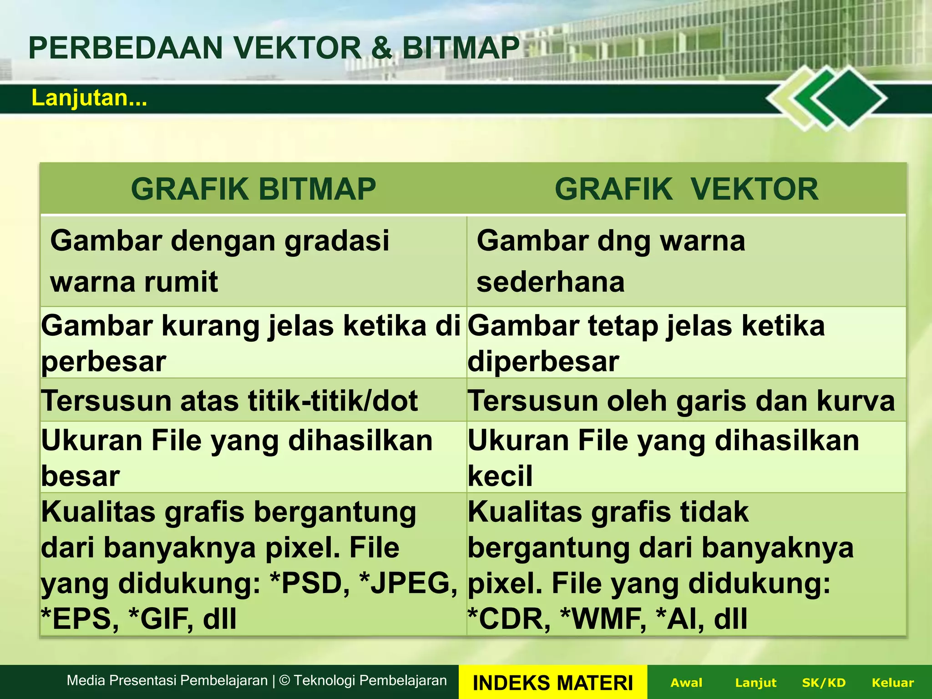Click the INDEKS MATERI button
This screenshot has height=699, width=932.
[x=552, y=683]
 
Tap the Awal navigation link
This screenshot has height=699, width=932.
[x=686, y=683]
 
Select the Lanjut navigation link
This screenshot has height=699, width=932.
[x=755, y=683]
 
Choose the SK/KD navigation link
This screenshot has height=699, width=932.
[x=824, y=683]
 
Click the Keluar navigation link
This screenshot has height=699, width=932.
[x=892, y=683]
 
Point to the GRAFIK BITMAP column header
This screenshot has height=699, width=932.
[x=253, y=189]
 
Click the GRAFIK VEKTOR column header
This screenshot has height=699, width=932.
[x=686, y=189]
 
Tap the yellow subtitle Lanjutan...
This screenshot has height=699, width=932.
[x=89, y=98]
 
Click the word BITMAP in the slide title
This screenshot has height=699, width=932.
[x=461, y=48]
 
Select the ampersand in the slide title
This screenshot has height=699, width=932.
[x=381, y=48]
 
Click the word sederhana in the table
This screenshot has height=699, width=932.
[x=551, y=282]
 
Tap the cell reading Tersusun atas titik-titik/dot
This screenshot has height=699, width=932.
[x=229, y=401]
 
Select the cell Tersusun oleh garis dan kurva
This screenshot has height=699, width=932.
[x=681, y=401]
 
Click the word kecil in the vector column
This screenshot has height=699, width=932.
[x=500, y=476]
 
